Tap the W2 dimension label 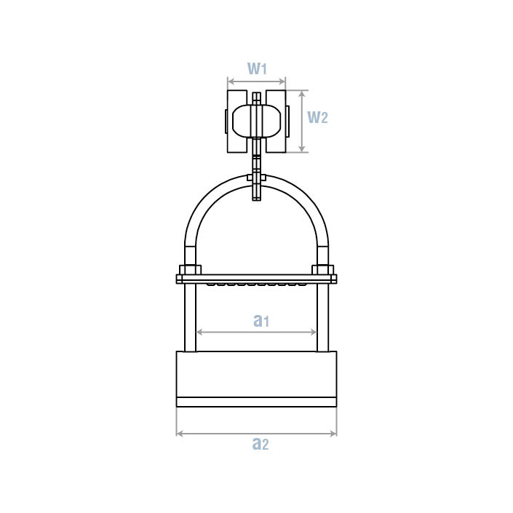(317, 116)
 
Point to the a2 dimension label (260, 443)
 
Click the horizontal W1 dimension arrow (256, 81)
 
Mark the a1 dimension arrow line (256, 332)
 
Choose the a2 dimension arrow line (256, 434)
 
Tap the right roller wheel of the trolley (276, 122)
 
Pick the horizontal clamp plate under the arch (256, 279)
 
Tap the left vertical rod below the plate (190, 317)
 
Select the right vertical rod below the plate (322, 317)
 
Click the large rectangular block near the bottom (256, 374)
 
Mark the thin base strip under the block (256, 402)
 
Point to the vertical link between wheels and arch (256, 164)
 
